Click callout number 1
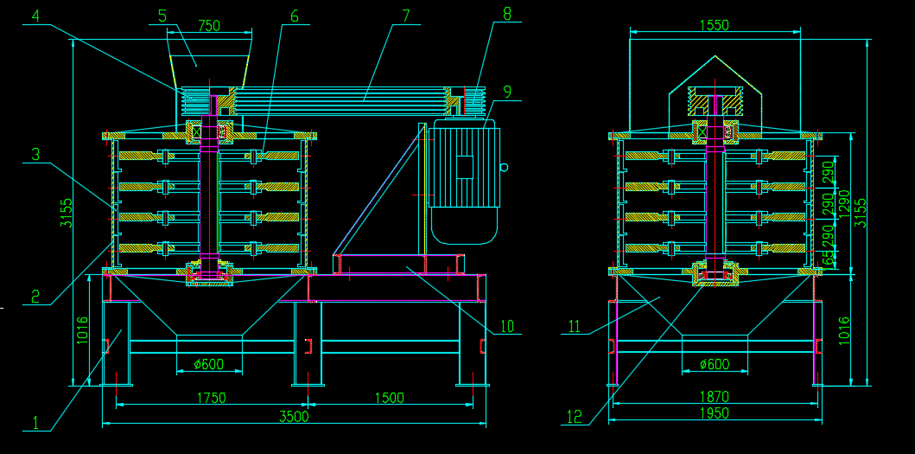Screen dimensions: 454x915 point(35,423)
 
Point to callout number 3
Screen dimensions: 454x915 point(35,155)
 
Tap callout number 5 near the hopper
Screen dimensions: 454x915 point(162,16)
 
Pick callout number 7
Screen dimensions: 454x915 point(405,16)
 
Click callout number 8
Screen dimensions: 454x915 point(506,14)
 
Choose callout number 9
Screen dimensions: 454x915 point(507,91)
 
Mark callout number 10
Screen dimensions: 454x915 point(507,326)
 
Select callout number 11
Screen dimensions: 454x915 point(575,326)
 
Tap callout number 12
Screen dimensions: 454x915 point(575,417)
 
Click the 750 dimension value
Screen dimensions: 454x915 point(209,26)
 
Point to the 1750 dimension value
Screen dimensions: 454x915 point(212,398)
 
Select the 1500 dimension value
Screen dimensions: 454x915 point(390,398)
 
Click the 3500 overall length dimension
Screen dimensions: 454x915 point(294,416)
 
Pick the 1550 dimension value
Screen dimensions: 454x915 point(715,26)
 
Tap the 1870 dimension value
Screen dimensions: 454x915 point(715,397)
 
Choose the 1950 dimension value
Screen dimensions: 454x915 point(715,413)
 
